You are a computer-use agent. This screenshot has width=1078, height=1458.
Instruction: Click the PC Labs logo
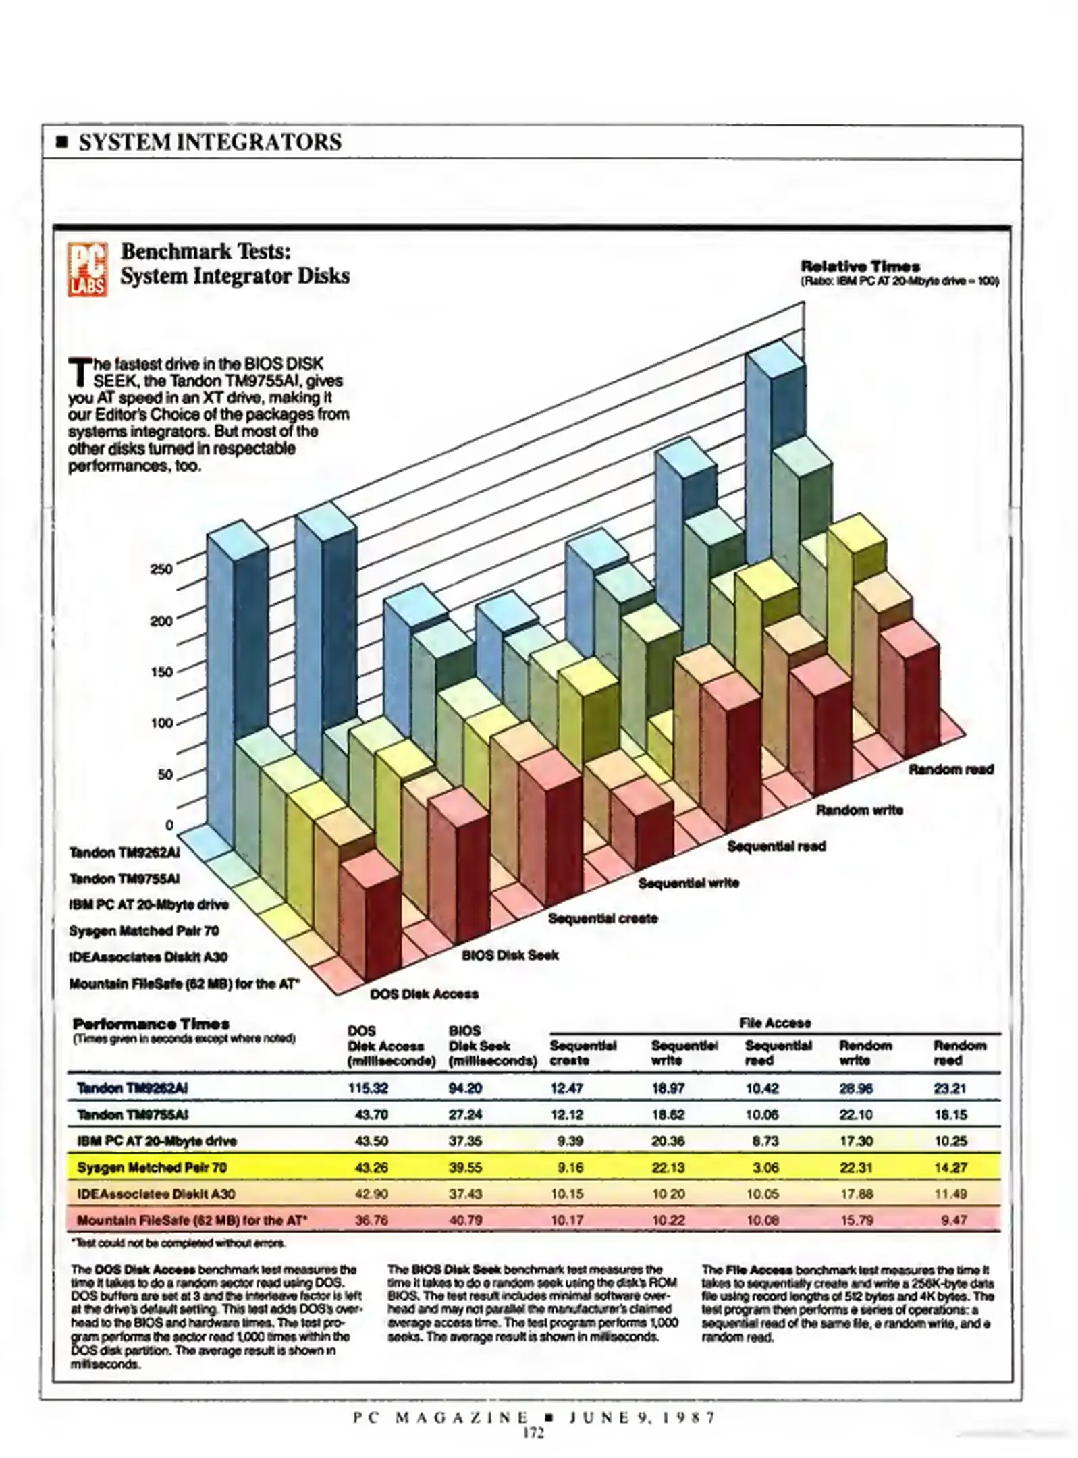(x=87, y=269)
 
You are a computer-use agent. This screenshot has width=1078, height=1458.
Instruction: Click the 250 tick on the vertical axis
(x=162, y=568)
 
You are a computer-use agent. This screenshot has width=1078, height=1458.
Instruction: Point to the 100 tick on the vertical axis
(x=161, y=723)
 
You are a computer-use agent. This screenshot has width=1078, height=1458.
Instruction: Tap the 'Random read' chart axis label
(x=950, y=769)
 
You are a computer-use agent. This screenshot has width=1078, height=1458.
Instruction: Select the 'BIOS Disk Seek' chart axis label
(x=510, y=955)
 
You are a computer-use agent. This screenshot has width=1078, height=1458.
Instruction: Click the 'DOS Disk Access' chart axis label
(x=424, y=994)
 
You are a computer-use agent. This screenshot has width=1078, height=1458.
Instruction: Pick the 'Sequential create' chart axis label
(x=602, y=918)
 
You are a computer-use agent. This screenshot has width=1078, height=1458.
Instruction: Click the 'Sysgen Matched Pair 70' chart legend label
(x=144, y=931)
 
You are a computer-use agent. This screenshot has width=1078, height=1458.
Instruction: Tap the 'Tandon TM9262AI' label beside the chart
(x=124, y=853)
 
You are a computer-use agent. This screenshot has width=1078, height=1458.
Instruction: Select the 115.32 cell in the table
(x=368, y=1088)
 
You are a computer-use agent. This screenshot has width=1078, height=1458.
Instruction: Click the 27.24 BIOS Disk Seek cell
(x=465, y=1114)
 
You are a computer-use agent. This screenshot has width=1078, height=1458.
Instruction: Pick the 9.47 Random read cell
(x=953, y=1220)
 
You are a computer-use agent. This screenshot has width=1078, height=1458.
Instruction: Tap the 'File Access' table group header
(x=775, y=1023)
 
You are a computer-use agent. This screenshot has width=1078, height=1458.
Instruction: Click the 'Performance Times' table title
(x=151, y=1024)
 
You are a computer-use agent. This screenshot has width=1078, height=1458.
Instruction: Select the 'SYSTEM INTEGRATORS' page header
(x=210, y=142)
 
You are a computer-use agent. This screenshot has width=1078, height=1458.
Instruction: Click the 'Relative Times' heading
(x=860, y=266)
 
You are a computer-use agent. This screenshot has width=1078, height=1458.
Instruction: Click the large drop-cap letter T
(x=80, y=373)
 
